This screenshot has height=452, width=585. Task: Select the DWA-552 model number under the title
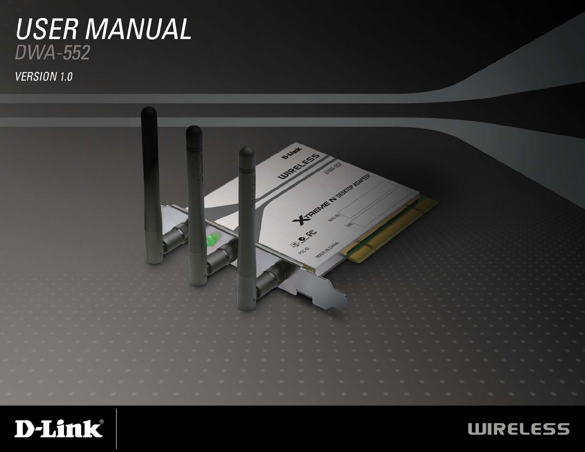(x=52, y=53)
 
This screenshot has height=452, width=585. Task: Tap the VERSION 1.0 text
(x=44, y=77)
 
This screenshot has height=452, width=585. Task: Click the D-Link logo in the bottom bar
(x=59, y=428)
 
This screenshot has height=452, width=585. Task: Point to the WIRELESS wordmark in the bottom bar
(x=519, y=429)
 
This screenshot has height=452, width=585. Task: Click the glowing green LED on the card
(x=212, y=240)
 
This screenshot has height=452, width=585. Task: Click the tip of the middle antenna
(x=194, y=130)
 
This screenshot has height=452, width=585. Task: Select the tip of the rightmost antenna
(x=246, y=151)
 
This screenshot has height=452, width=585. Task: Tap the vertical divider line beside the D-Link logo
(x=116, y=428)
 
